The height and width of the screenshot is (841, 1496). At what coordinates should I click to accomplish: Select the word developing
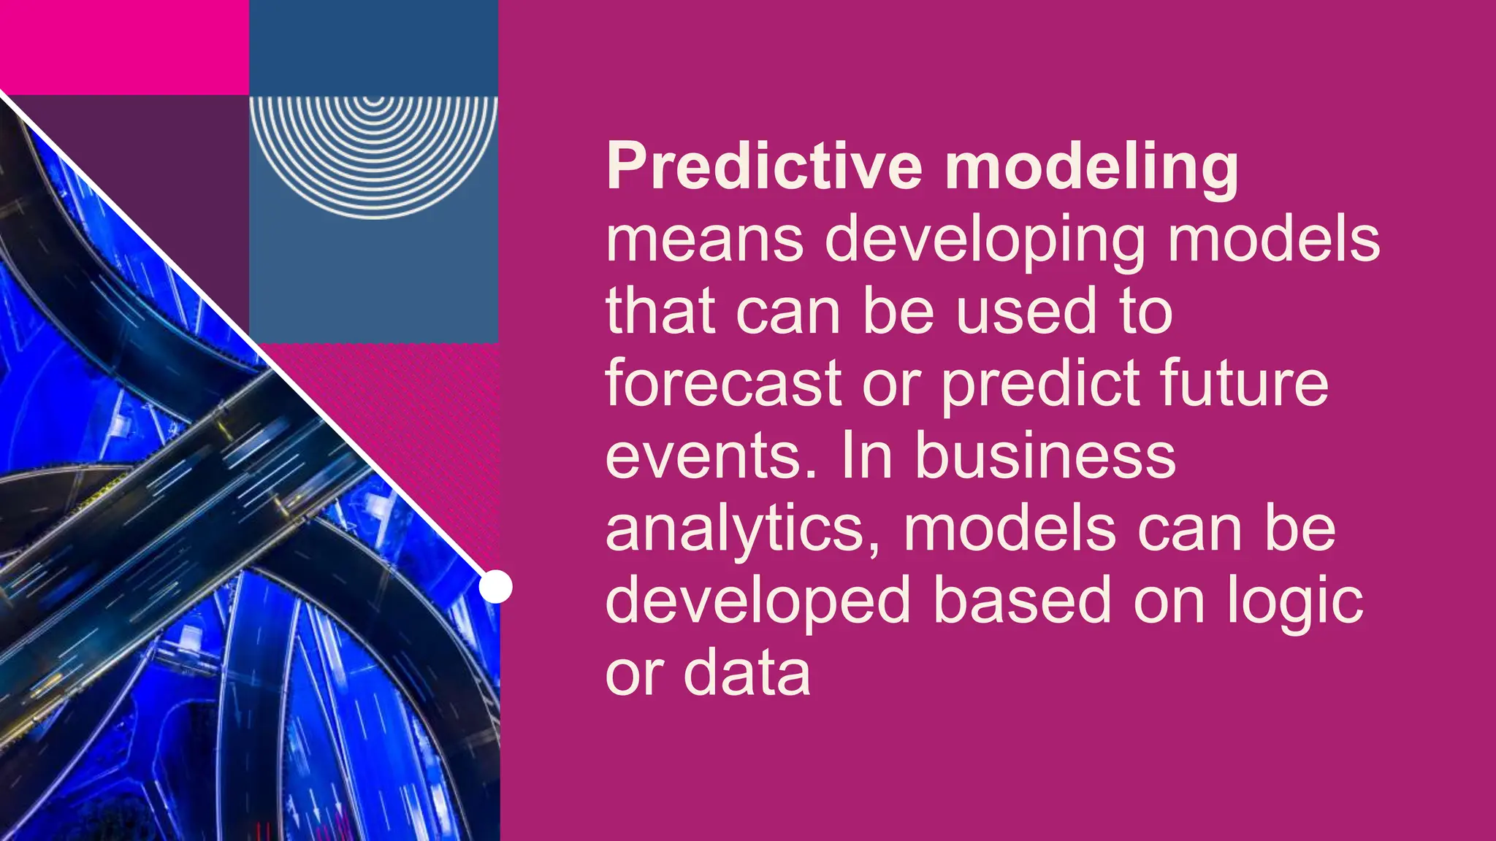(x=985, y=241)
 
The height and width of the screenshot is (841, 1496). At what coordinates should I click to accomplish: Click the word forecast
(x=723, y=384)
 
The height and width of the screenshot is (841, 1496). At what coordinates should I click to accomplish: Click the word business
(x=1045, y=456)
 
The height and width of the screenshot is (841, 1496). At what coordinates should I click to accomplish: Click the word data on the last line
(x=747, y=673)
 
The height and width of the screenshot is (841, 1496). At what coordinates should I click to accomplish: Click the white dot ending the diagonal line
(x=495, y=587)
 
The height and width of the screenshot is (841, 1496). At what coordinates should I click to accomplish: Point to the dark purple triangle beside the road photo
(x=168, y=183)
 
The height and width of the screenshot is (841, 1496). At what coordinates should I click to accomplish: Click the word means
(x=704, y=241)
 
